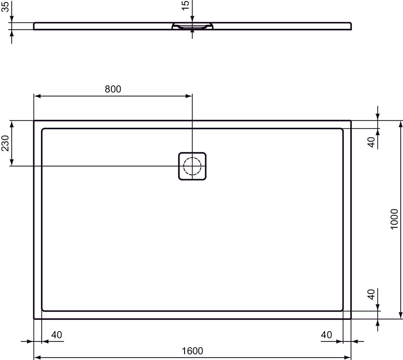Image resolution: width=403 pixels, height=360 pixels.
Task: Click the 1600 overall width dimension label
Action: tap(192, 351)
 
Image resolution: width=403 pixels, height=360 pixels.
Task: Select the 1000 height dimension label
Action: tap(394, 219)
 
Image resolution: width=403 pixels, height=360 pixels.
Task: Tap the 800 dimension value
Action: tap(113, 89)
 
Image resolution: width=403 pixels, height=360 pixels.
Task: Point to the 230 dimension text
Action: tap(5, 143)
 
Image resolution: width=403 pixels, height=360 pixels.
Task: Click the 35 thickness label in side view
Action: tap(5, 6)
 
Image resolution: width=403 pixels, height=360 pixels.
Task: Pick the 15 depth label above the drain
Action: tap(185, 5)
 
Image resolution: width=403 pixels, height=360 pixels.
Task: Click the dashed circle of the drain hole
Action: tap(192, 166)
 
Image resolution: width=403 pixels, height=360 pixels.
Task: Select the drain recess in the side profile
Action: tap(192, 27)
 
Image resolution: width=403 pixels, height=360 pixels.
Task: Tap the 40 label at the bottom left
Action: tap(56, 335)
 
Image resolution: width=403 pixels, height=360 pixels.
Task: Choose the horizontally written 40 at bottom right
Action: tap(326, 335)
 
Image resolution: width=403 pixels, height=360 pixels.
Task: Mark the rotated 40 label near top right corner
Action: tap(371, 142)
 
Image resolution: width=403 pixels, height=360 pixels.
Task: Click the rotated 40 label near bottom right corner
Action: tap(371, 294)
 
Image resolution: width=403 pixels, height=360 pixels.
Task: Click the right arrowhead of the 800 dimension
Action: tap(189, 96)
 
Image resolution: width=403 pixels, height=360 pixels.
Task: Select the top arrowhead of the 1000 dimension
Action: tap(400, 124)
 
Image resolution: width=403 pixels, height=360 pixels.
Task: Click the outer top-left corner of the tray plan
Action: tap(34, 121)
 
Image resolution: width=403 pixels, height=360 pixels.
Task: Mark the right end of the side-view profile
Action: tap(351, 26)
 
